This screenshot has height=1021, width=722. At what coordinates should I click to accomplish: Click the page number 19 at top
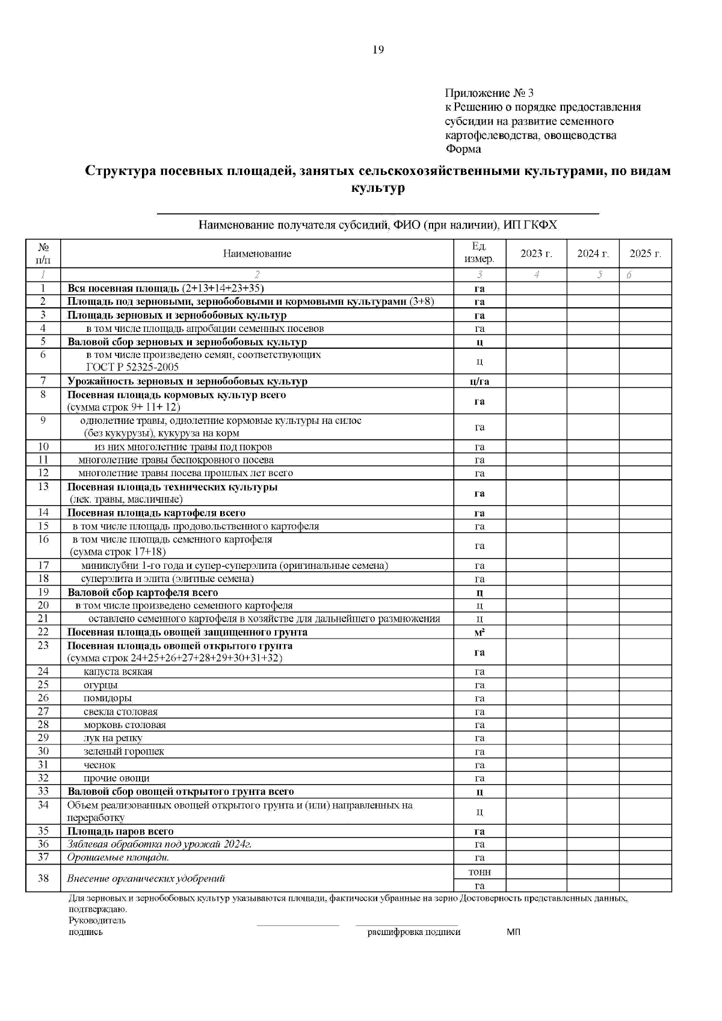pos(378,50)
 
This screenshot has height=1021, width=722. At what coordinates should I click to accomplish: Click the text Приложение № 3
pos(489,93)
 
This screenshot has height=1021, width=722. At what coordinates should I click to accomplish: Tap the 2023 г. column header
pos(535,254)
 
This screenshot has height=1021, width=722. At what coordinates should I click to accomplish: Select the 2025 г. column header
pos(645,254)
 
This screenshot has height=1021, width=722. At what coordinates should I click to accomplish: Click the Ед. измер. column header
pos(479,253)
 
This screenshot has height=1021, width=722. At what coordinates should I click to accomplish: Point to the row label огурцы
pos(100,685)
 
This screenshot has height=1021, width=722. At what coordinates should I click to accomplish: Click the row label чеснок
pos(99,765)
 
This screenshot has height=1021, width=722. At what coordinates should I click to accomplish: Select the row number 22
pos(43,632)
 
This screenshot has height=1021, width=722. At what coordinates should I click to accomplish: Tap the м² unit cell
pos(479,632)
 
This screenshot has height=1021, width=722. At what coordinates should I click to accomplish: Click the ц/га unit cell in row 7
pos(479,381)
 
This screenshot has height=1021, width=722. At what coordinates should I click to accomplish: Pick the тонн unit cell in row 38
pos(479,872)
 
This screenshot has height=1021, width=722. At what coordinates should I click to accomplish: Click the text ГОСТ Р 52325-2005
pos(132,367)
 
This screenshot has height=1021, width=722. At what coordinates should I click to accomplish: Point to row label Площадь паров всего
pos(120,832)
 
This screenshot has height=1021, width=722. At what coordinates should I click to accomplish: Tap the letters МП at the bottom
pos(513,932)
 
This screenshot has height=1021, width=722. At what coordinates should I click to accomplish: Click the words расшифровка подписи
pos(414,932)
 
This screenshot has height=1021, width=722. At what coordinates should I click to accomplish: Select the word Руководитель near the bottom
pos(97,920)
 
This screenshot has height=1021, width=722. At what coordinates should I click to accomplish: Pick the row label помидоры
pos(107,698)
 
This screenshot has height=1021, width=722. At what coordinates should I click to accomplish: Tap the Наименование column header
pos(257,254)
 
